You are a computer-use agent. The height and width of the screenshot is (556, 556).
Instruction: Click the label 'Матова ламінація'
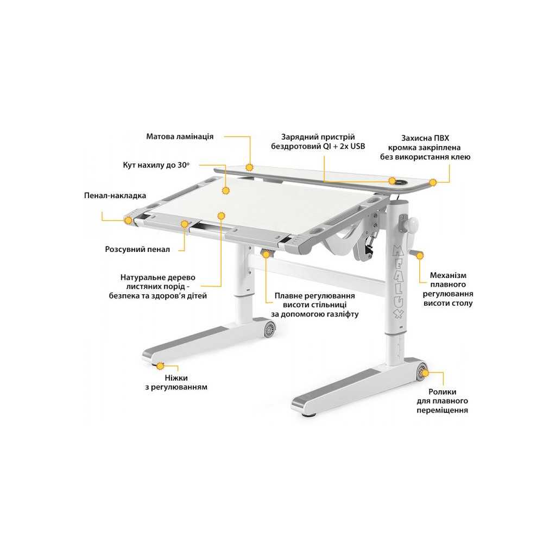pos(180,136)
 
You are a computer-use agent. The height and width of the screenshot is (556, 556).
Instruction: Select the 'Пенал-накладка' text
pos(115,195)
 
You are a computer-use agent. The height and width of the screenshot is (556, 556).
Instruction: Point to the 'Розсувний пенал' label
pos(137,249)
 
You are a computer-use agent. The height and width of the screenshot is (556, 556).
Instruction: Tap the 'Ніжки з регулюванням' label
pos(178,382)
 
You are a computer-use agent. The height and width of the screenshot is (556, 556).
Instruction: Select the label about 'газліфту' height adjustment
pos(314,305)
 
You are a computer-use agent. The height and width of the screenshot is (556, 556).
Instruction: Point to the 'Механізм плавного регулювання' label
pos(448,289)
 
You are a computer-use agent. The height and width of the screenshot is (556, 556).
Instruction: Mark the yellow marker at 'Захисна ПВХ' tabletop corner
pos(433,182)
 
